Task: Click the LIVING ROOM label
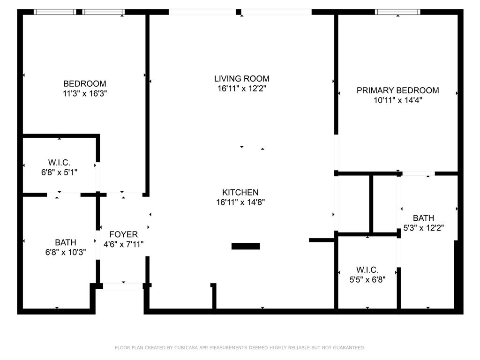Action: pos(241,79)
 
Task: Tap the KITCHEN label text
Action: pos(240,193)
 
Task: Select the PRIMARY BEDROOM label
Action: pos(397,90)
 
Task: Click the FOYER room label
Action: pos(123,234)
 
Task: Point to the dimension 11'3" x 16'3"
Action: pos(85,94)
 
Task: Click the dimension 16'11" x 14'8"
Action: pos(240,202)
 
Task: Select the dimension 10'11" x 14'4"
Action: pos(397,100)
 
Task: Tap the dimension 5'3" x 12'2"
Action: pos(423,228)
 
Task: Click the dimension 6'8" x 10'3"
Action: pos(66,253)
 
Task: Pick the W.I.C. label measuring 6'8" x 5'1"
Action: pos(59,163)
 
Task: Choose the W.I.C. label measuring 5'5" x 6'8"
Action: pos(367,270)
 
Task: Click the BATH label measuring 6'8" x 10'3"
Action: pos(66,243)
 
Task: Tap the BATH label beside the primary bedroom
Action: pos(423,218)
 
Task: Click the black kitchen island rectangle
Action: pos(246,246)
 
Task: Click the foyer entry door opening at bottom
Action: pos(123,285)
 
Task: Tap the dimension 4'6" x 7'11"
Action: pos(123,244)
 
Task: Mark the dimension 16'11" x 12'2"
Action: pos(241,89)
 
